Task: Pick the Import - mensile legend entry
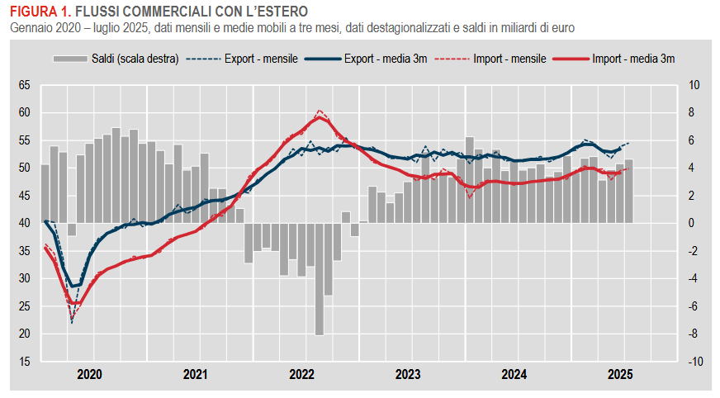point(509,59)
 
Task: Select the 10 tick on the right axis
point(694,85)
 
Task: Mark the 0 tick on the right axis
point(692,223)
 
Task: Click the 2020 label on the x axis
point(89,376)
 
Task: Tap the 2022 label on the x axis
point(301,376)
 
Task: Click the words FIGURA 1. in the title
point(37,12)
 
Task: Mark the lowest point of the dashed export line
point(71,321)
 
